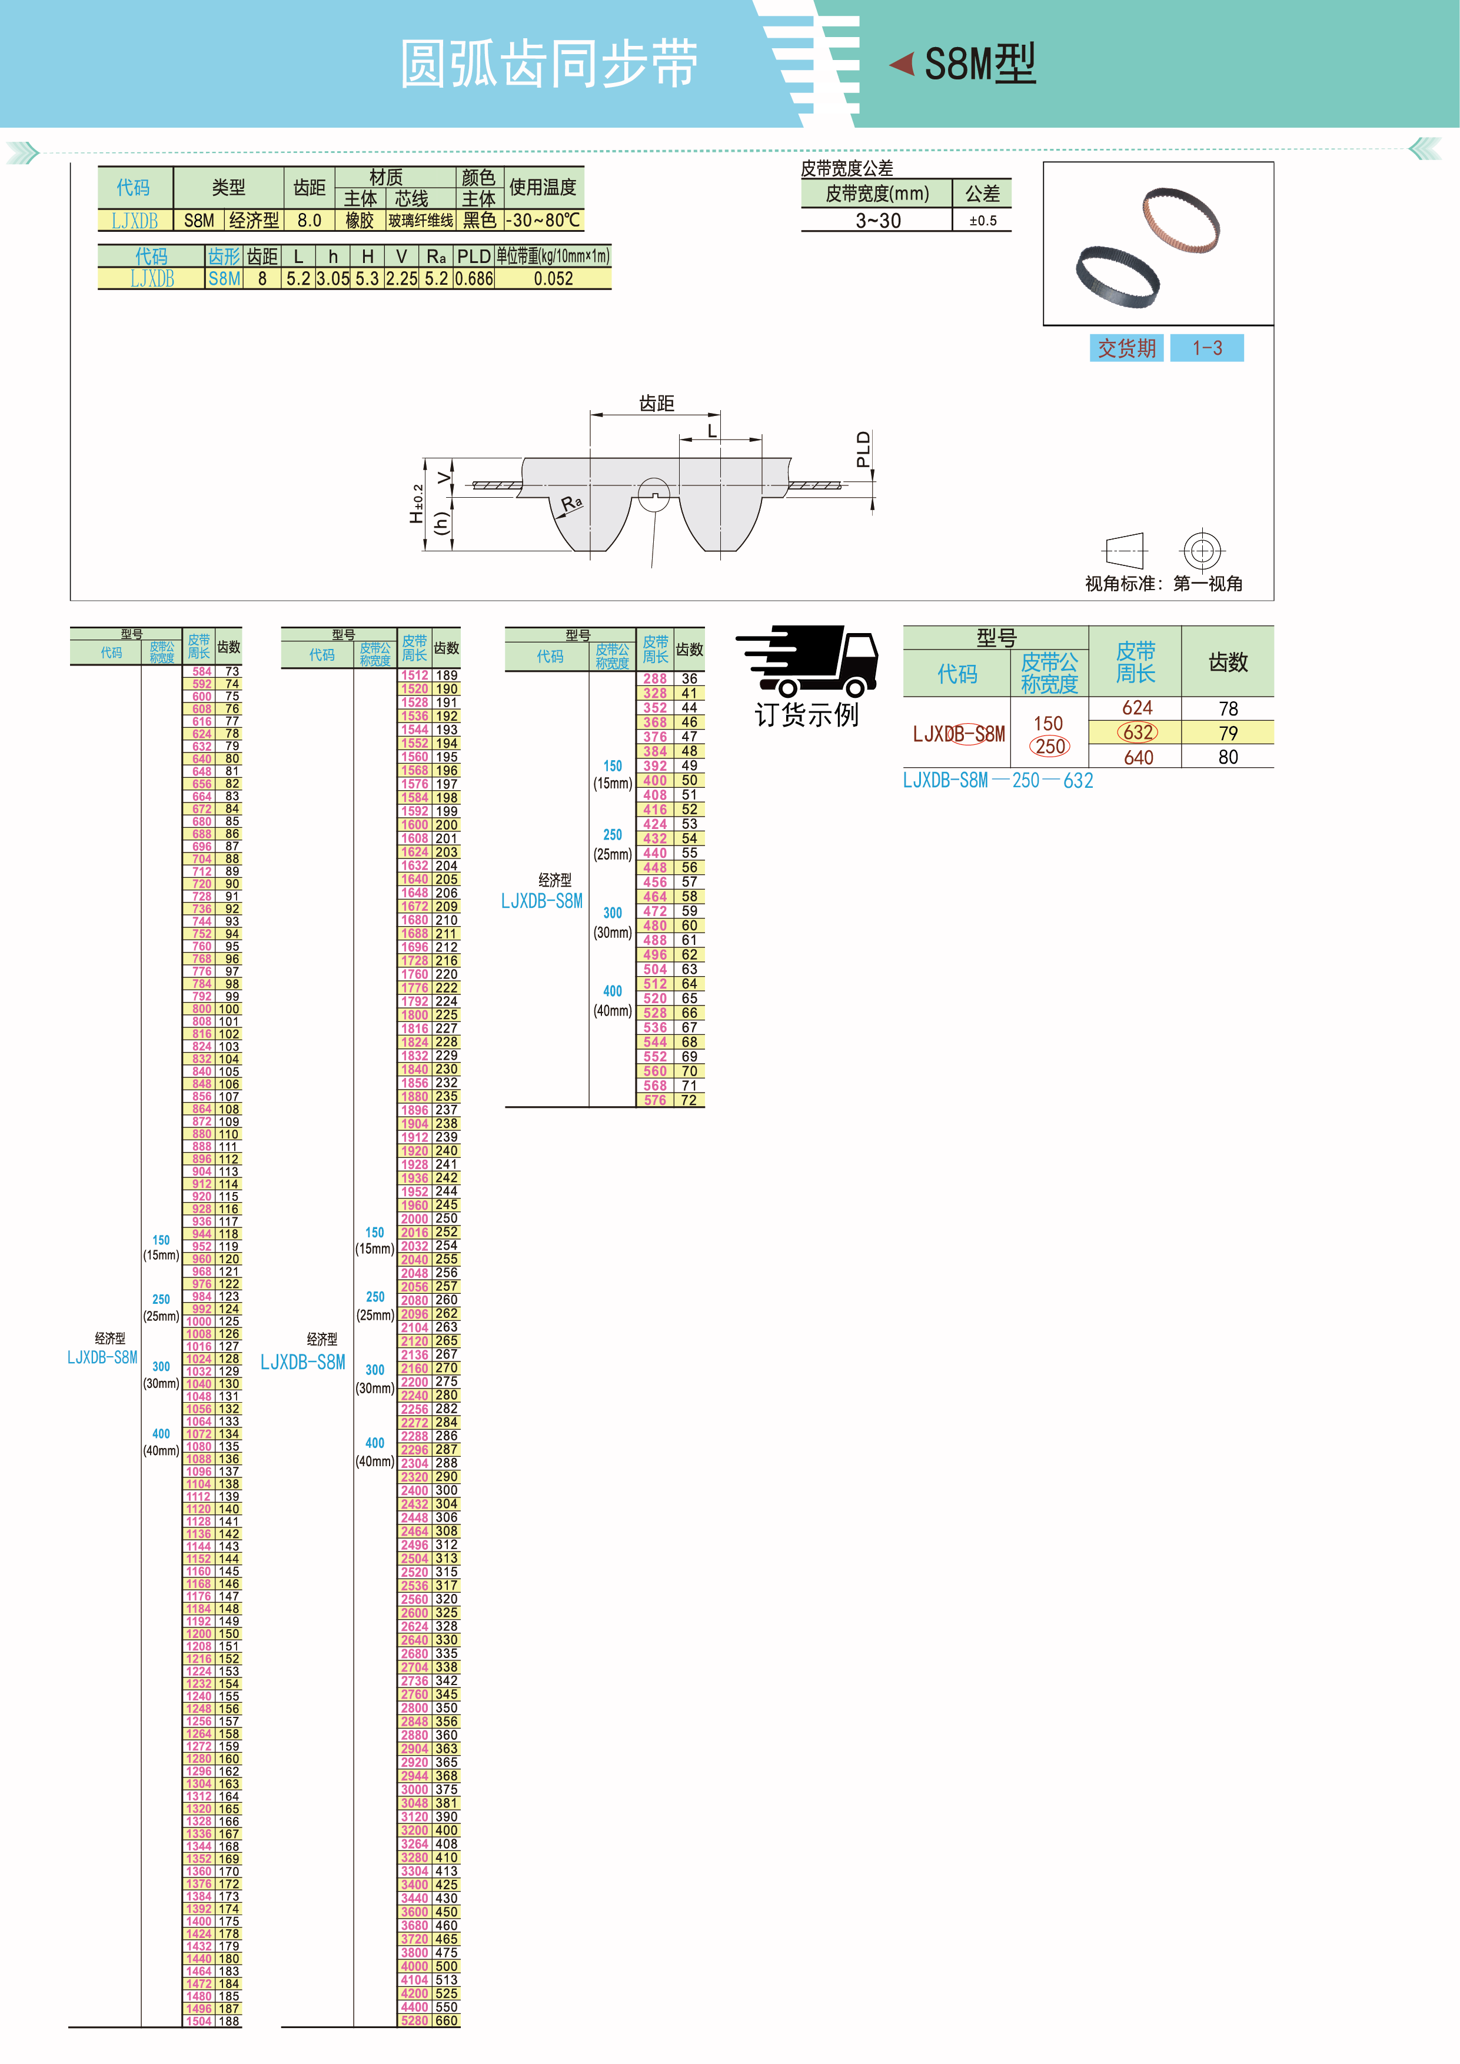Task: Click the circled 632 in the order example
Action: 1138,733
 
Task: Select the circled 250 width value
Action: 1049,746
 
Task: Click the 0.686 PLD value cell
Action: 474,279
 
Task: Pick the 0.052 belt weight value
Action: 553,279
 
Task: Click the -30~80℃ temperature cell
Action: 543,220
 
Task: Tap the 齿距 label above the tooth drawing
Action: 656,404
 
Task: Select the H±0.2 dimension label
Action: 416,504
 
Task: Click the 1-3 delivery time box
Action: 1206,348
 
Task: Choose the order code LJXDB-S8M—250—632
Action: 998,780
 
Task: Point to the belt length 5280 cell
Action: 414,2021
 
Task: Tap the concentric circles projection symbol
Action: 1202,550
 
